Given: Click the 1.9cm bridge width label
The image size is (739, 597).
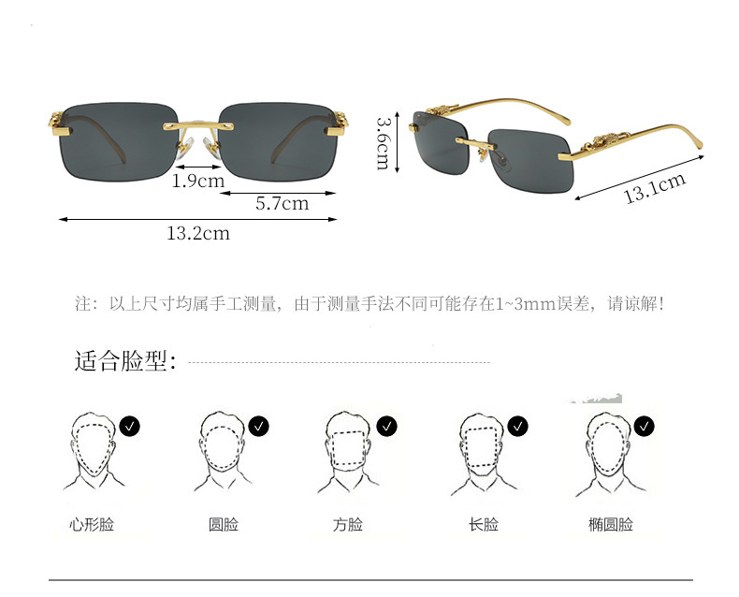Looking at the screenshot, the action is tap(198, 181).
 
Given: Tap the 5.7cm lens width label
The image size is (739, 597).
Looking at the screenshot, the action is tap(283, 203).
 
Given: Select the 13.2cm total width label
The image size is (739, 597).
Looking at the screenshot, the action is tap(198, 233).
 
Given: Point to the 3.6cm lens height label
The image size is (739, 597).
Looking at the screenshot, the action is tap(383, 143).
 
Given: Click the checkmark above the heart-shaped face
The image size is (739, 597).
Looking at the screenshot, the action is tap(131, 427).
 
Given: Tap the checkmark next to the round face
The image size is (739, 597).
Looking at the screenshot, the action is tap(259, 427).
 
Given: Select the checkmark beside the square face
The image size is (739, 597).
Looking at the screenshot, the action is tap(387, 427).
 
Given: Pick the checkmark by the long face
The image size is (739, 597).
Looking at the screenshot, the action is tap(517, 427).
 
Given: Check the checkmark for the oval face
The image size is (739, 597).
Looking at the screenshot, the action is tap(645, 427).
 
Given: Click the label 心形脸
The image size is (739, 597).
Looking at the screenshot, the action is tap(92, 525).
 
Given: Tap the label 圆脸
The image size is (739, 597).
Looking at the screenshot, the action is tap(223, 525).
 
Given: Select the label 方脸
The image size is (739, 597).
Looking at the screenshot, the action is tap(347, 525).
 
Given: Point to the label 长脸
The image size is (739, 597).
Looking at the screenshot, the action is tap(483, 525).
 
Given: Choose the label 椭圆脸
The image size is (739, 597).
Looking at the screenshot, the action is tap(611, 525).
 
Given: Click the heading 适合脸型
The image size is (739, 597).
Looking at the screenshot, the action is tap(125, 361).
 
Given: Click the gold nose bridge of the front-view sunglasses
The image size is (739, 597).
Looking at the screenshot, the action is tap(198, 122).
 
